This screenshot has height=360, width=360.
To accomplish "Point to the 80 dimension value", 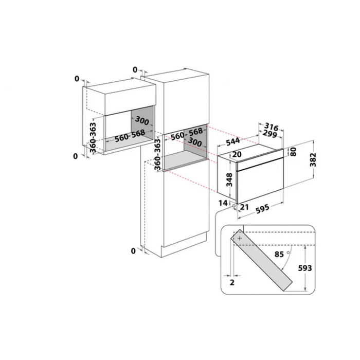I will (294, 152).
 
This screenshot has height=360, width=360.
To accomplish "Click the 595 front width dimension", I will (263, 209).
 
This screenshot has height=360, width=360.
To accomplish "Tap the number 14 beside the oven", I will (222, 204).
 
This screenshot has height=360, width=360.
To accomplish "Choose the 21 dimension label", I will (244, 207).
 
